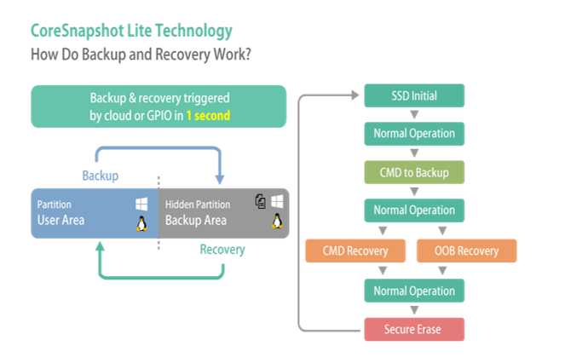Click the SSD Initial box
pyautogui.click(x=414, y=95)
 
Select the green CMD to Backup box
pyautogui.click(x=414, y=172)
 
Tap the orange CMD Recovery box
pyautogui.click(x=355, y=251)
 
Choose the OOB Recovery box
pyautogui.click(x=467, y=251)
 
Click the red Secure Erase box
pyautogui.click(x=414, y=329)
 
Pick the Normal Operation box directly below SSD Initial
pyautogui.click(x=414, y=134)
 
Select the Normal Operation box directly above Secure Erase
pyautogui.click(x=414, y=291)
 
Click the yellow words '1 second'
pyautogui.click(x=208, y=115)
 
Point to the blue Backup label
pyautogui.click(x=101, y=176)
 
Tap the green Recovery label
pyautogui.click(x=222, y=249)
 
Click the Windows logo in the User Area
pyautogui.click(x=141, y=204)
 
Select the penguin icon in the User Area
pyautogui.click(x=141, y=223)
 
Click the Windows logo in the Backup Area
pyautogui.click(x=277, y=201)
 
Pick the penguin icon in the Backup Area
pyautogui.click(x=277, y=221)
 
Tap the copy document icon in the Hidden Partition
pyautogui.click(x=261, y=201)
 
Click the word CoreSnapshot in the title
pyautogui.click(x=77, y=31)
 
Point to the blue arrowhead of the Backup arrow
pyautogui.click(x=220, y=179)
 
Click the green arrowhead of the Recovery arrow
pyautogui.click(x=101, y=246)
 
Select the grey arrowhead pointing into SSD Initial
pyautogui.click(x=355, y=95)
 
